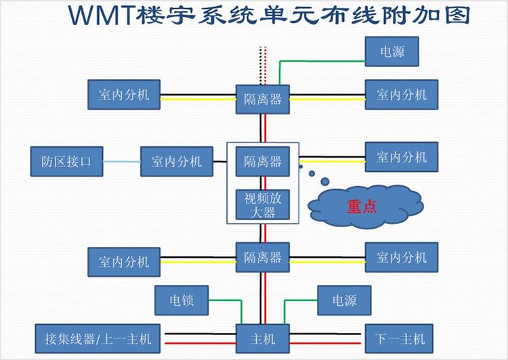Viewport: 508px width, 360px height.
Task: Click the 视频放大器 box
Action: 262,204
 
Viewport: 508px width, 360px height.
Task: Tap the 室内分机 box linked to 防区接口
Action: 176,161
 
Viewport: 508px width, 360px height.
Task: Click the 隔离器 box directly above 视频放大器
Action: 262,161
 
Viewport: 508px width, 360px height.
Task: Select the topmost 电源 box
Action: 393,51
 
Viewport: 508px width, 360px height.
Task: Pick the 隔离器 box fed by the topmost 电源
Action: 262,99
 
